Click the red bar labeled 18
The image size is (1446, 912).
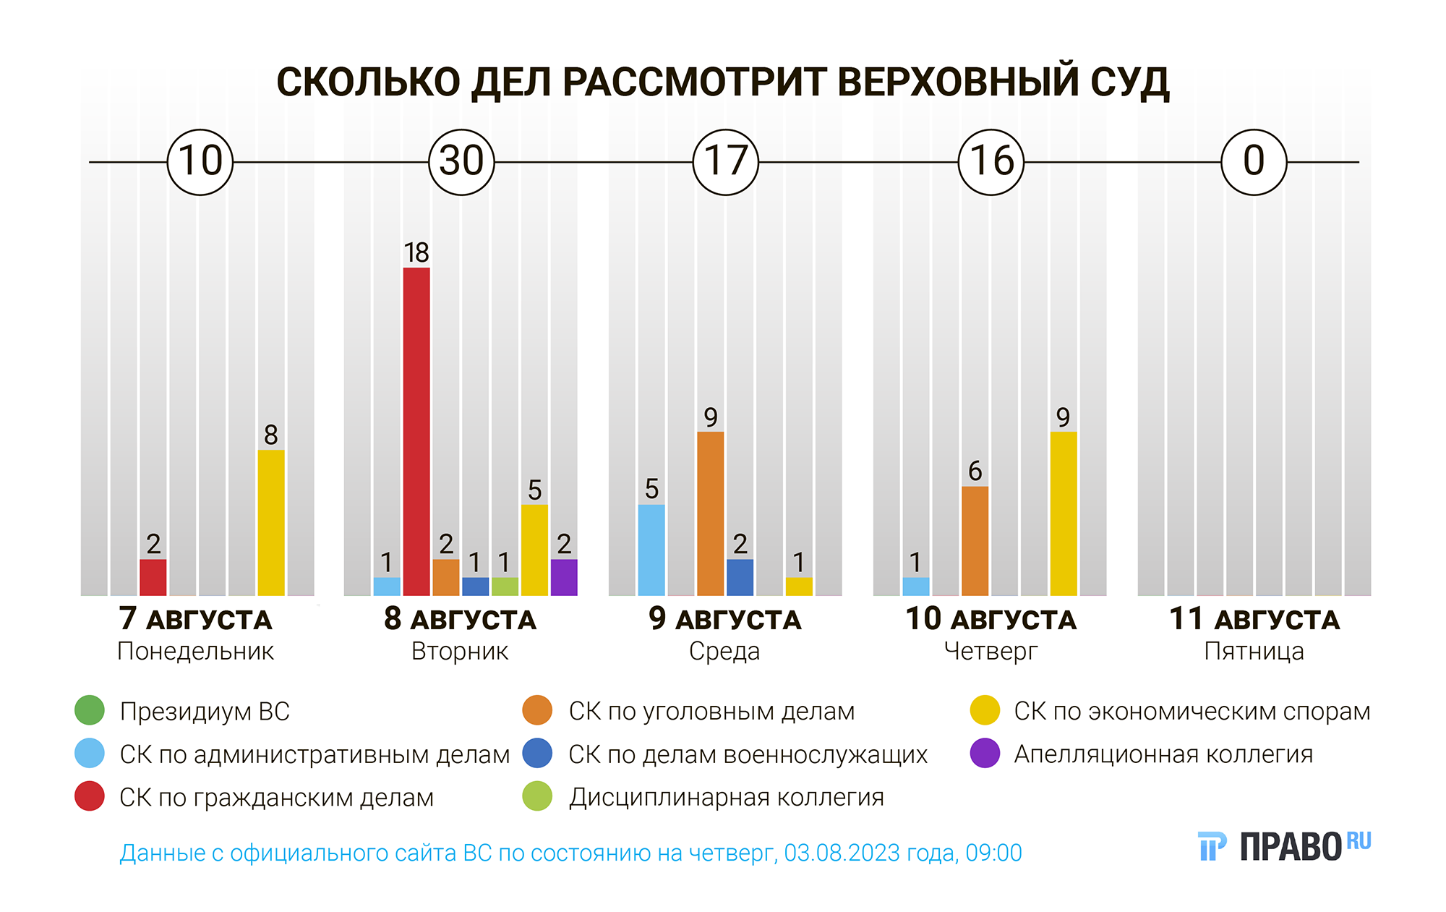coord(416,431)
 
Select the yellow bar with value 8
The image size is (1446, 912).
coord(271,522)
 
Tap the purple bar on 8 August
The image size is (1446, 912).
coord(564,577)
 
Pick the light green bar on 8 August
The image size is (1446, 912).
coord(505,587)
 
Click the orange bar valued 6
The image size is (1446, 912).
coord(975,540)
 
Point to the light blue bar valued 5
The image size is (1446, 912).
coord(651,550)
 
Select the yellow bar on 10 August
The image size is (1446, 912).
coord(1063,513)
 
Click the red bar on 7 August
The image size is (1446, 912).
coord(153,577)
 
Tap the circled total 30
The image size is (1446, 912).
coord(461,162)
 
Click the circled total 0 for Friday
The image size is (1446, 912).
coord(1254,162)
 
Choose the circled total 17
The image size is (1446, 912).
coord(726,162)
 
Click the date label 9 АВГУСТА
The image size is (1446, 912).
coord(724,619)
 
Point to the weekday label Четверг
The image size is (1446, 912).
coord(991,652)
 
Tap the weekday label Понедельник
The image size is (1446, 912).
coord(195,652)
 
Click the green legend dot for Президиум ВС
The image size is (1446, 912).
coord(90,710)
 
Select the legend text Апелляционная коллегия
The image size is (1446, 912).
coord(1163,754)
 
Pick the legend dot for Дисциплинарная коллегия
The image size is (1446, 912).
coord(537,796)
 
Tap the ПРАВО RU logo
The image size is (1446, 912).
coord(1284,845)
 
